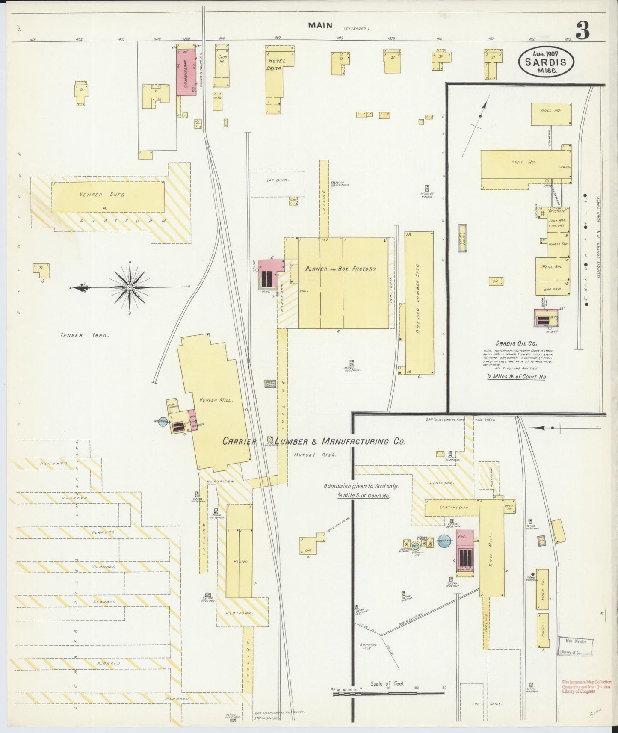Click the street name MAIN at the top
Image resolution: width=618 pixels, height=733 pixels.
[x=320, y=25]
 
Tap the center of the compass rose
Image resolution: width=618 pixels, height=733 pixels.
[x=129, y=287]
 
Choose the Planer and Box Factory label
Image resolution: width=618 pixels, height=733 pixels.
[x=340, y=269]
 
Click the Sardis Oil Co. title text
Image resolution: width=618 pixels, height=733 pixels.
[x=516, y=343]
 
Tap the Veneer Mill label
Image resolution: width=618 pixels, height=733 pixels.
[x=216, y=400]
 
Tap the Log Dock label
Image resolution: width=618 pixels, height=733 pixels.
[x=277, y=180]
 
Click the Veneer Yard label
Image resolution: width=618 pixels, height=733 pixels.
[x=85, y=336]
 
